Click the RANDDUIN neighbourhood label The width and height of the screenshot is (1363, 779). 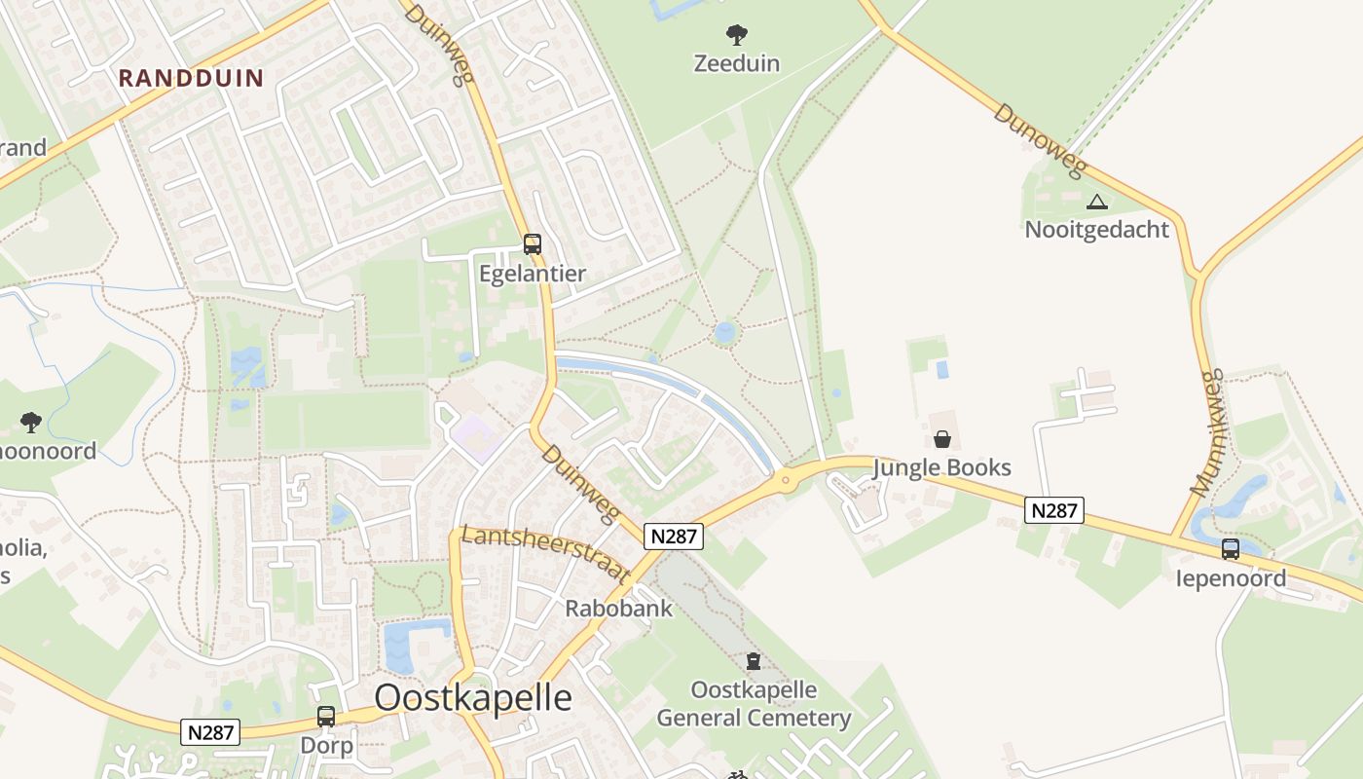(x=191, y=78)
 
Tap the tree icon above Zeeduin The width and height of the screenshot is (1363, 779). (x=737, y=35)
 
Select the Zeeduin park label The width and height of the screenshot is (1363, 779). (x=737, y=63)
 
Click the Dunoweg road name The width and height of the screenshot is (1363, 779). (x=1039, y=141)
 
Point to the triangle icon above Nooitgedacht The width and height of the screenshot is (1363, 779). (x=1097, y=203)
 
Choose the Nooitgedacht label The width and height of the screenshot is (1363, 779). (x=1096, y=230)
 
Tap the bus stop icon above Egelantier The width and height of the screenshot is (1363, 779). (x=532, y=244)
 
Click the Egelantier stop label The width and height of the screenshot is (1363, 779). (x=533, y=274)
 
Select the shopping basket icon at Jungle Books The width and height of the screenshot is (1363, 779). (x=941, y=439)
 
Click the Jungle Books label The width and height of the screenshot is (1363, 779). (x=941, y=467)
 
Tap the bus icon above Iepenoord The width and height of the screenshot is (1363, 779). (x=1231, y=549)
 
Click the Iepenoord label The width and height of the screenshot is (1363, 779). (x=1231, y=578)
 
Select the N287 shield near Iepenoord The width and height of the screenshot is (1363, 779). (x=1054, y=510)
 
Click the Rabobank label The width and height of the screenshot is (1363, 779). (x=619, y=609)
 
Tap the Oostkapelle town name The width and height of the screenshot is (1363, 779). (x=473, y=697)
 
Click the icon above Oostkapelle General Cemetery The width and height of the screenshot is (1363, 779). (x=753, y=662)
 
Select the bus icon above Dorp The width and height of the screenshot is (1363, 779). (x=326, y=717)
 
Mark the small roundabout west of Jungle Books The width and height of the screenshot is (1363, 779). (x=786, y=478)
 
